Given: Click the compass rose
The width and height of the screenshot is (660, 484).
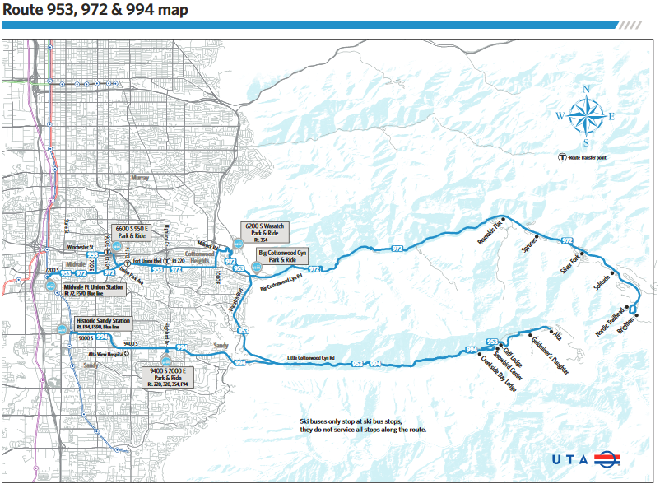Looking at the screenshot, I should (x=586, y=115).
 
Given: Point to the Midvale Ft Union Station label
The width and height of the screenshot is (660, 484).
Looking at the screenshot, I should (x=93, y=291).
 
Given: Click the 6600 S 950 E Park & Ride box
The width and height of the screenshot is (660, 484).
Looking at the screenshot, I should (x=131, y=231).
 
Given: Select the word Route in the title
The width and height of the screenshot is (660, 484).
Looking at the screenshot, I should (x=21, y=10).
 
